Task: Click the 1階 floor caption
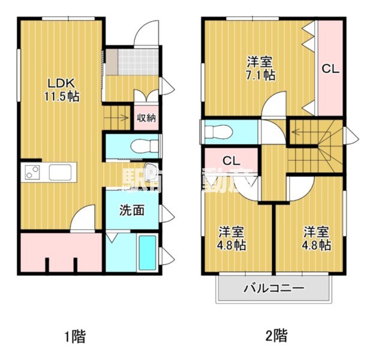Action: click(74, 336)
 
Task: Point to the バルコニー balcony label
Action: click(273, 289)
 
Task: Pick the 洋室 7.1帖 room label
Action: click(260, 68)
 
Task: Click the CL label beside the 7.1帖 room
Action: click(330, 70)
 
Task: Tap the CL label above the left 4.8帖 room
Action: click(231, 161)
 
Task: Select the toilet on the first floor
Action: click(142, 145)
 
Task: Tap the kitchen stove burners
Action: click(31, 173)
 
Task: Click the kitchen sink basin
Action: click(61, 173)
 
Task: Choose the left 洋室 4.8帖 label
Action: click(231, 238)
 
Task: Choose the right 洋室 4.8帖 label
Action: click(316, 238)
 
